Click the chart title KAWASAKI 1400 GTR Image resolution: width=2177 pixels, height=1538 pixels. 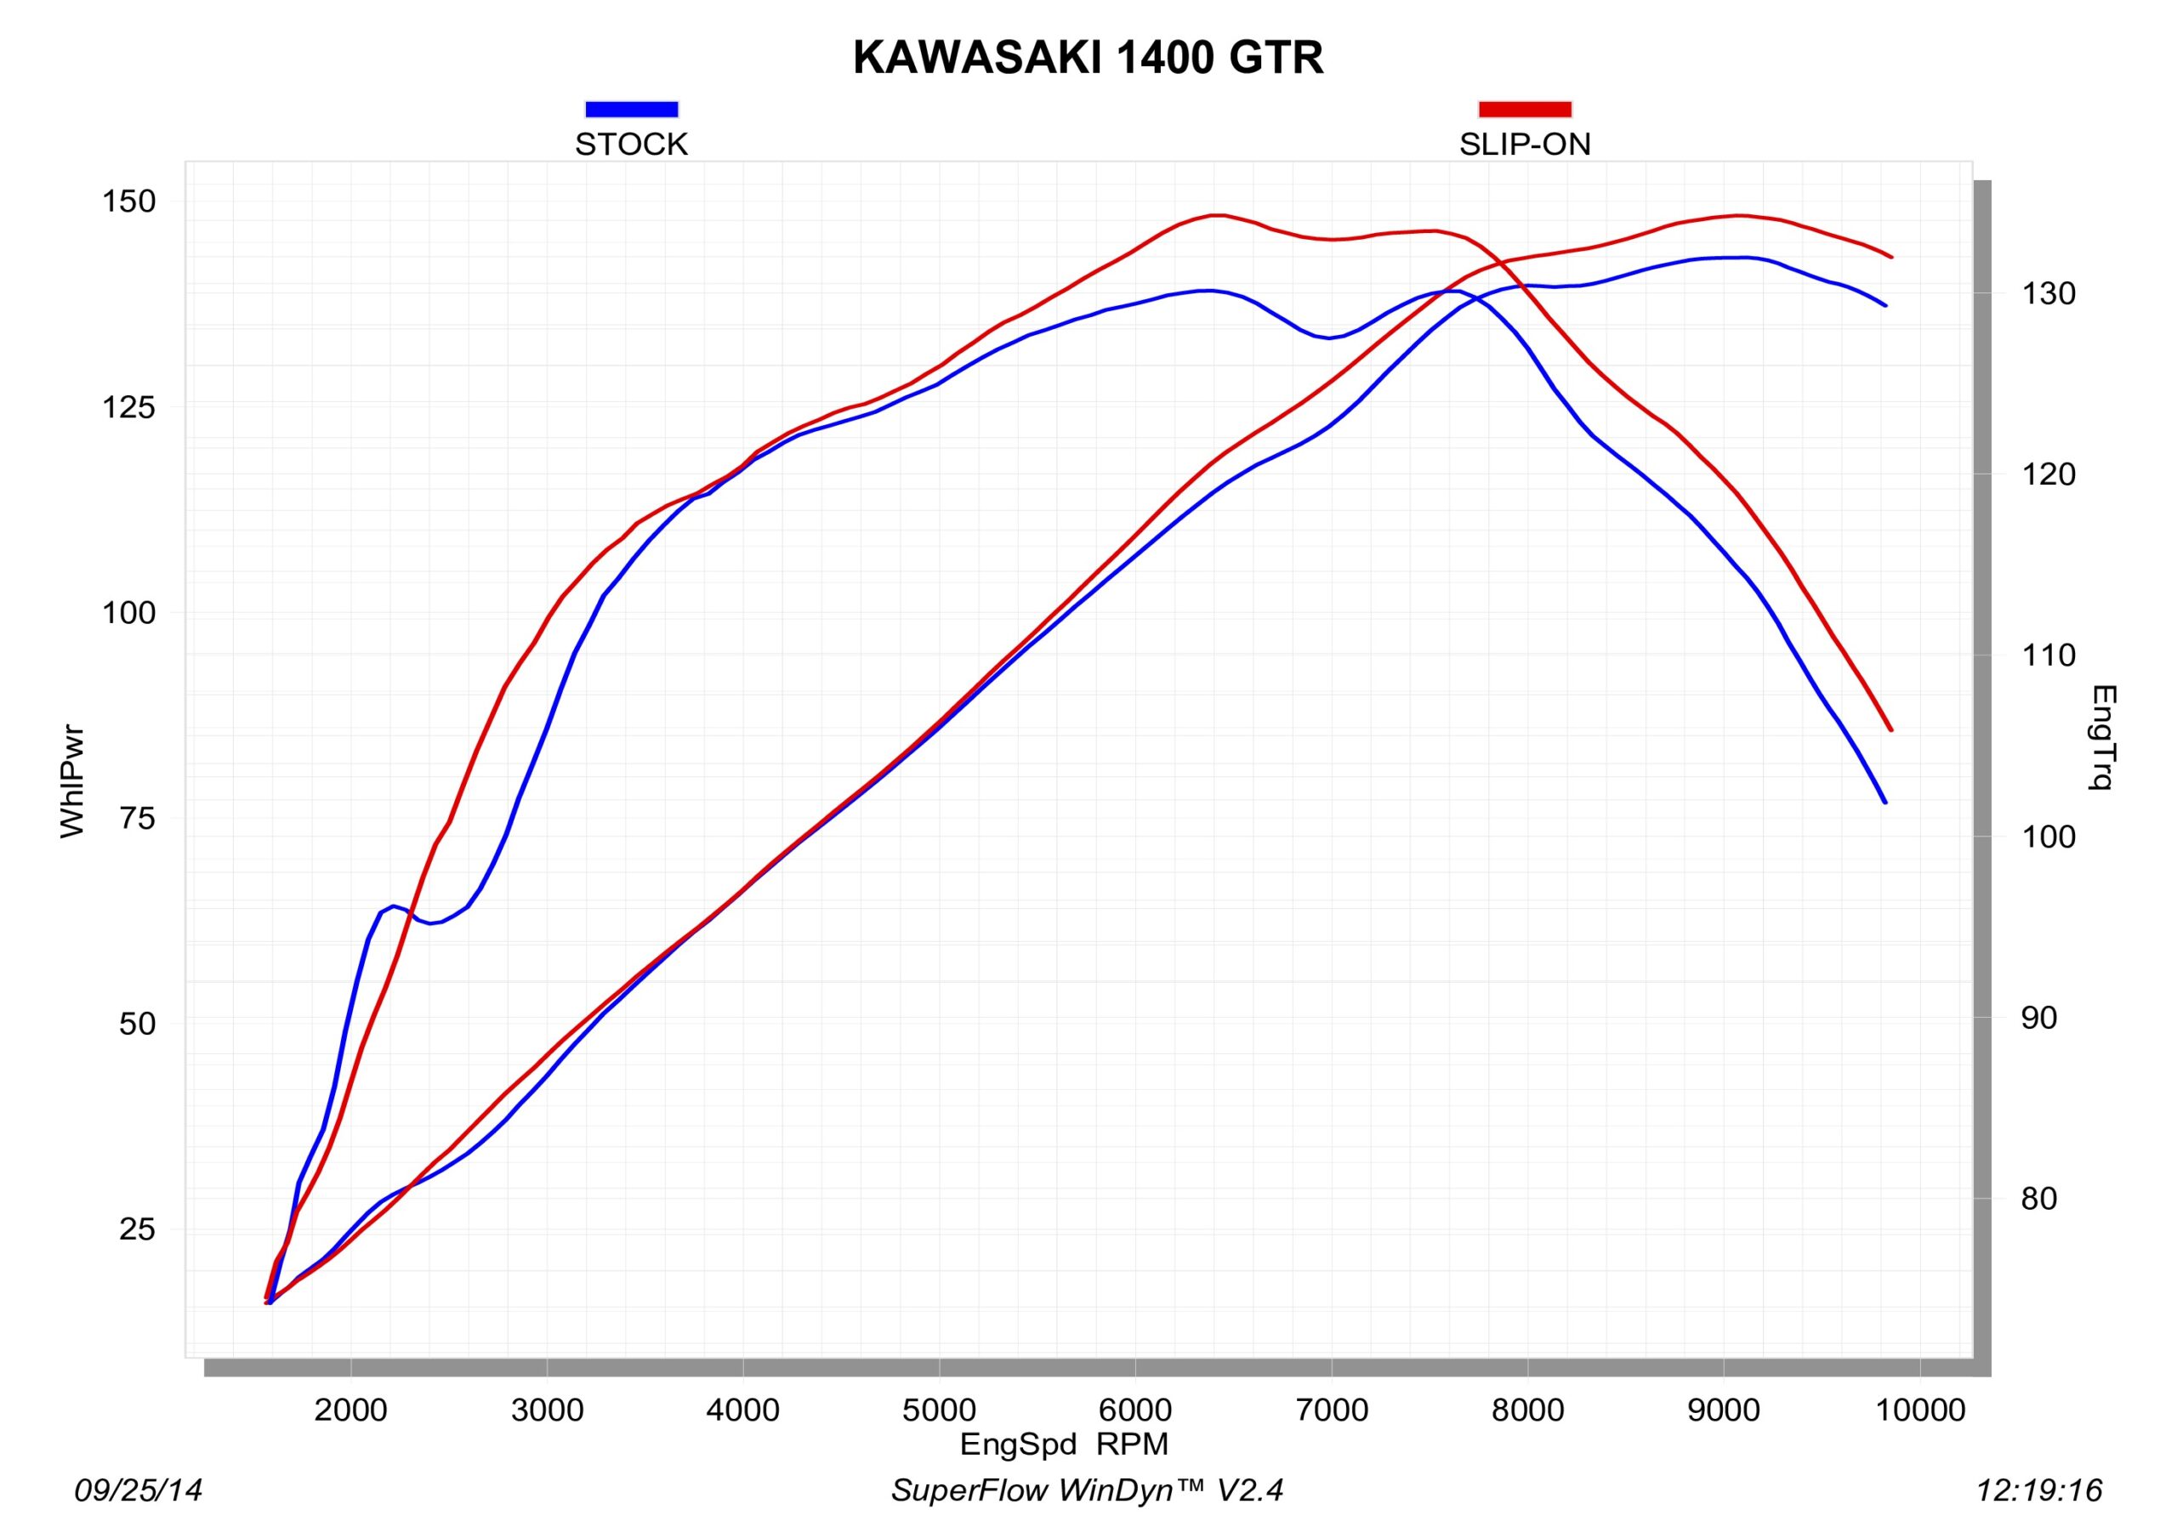[1088, 59]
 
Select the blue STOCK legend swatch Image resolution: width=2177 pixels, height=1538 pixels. [632, 109]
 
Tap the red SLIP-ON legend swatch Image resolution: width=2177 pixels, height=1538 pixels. [1525, 109]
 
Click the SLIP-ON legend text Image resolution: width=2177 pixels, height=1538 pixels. [1525, 145]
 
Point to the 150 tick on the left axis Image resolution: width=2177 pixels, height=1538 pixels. [129, 202]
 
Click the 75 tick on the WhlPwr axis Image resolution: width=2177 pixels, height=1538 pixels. [138, 818]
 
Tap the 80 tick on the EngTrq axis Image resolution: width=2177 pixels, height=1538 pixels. [2038, 1200]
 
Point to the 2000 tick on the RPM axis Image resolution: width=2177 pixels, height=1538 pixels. [351, 1410]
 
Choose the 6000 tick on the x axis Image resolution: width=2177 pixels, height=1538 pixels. [1135, 1410]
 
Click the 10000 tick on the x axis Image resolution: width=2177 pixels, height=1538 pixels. [1920, 1410]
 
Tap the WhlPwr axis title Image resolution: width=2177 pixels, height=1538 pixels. [72, 782]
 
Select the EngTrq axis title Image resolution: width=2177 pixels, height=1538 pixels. [2103, 737]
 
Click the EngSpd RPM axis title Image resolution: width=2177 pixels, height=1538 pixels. [1064, 1444]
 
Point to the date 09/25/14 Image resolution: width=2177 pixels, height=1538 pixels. [139, 1490]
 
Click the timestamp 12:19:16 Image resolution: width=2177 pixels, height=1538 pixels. [2038, 1490]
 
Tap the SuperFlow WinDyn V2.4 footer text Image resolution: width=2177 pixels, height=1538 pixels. [1087, 1490]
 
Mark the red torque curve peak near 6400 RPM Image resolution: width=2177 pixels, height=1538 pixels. [1218, 215]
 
